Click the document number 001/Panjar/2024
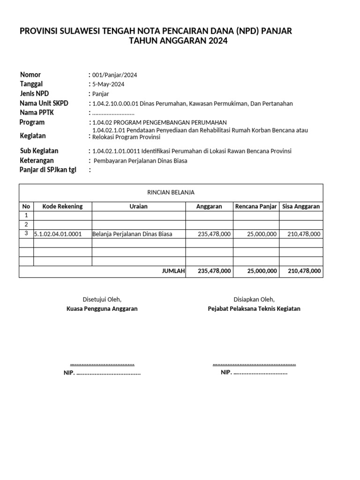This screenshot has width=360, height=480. click(114, 75)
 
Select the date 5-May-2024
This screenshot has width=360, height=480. click(108, 84)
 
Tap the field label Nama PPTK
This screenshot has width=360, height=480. click(37, 112)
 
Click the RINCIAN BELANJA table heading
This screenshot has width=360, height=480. click(171, 192)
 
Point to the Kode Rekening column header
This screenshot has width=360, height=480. click(62, 206)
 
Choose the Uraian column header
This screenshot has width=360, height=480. click(139, 206)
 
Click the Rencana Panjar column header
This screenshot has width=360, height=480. click(256, 206)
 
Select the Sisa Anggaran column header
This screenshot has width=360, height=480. click(301, 206)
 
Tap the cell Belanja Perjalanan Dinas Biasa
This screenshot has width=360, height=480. click(133, 234)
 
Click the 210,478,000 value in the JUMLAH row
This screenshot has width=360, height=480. click(304, 271)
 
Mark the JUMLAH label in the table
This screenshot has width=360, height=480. click(173, 271)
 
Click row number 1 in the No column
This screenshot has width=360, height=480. click(26, 215)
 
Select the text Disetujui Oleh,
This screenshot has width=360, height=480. click(102, 300)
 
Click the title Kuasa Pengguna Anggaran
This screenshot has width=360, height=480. click(102, 309)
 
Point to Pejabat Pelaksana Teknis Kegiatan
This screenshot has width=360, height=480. click(254, 309)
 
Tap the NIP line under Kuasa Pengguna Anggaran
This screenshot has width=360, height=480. click(102, 373)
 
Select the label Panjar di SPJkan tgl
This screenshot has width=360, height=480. click(48, 170)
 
